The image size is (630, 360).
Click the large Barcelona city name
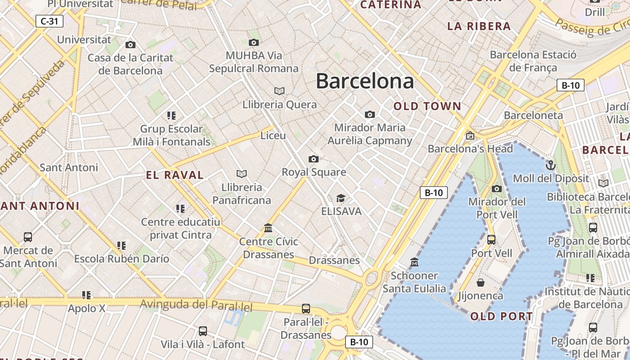coord(364,81)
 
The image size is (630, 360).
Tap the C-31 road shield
coord(49,21)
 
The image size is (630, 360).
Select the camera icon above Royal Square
coord(314,159)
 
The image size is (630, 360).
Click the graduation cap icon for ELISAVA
coord(341,198)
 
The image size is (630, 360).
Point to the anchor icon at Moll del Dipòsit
coord(550,165)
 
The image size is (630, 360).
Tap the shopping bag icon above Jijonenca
coord(480,283)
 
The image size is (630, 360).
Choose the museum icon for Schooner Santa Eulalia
coord(414,262)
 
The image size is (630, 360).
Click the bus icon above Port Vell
coord(491,239)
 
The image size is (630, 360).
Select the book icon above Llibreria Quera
coord(279,91)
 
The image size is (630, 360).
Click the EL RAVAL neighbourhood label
coord(175,175)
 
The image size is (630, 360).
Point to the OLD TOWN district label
coord(427,107)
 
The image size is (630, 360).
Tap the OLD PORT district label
coord(502,316)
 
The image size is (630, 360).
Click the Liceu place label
coord(273,135)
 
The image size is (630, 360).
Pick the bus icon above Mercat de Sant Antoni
coord(28,237)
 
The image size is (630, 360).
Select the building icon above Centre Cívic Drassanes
coord(268,228)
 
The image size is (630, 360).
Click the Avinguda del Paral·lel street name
coord(196,306)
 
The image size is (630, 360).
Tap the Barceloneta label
coord(533,115)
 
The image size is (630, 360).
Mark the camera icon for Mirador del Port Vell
coord(497,189)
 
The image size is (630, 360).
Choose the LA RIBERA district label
coord(479,26)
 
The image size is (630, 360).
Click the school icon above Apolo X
coord(86,295)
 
